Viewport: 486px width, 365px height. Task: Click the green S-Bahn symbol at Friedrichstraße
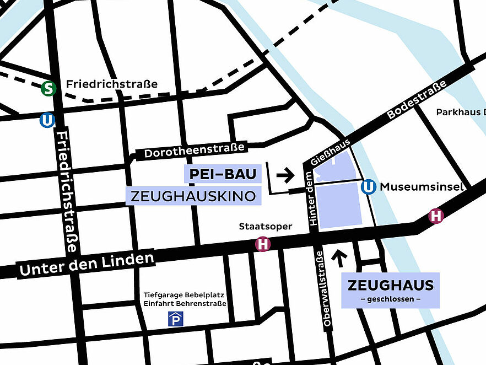48,88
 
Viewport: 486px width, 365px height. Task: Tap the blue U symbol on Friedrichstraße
47,120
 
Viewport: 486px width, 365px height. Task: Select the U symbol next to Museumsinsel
369,187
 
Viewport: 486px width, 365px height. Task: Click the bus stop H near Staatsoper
263,244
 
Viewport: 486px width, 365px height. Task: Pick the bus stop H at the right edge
436,216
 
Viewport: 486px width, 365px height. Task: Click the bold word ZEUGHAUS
390,286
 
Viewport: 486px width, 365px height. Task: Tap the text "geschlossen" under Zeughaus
390,299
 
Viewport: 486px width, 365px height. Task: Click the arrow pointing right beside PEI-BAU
285,176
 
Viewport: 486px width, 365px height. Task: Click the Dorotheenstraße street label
194,151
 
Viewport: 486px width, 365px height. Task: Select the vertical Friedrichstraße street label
67,191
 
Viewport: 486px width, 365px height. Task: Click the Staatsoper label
265,227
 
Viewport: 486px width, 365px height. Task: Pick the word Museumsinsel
422,187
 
